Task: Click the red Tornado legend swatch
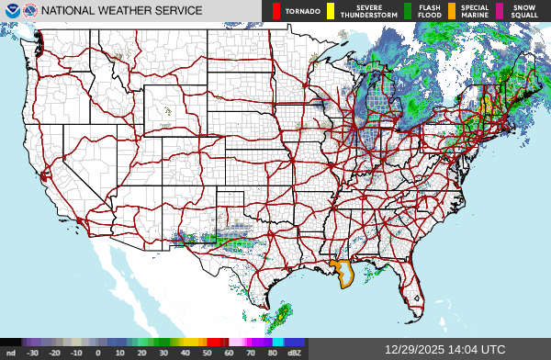click(275, 11)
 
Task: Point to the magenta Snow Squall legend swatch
click(500, 11)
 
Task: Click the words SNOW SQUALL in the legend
click(524, 11)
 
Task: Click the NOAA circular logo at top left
click(11, 11)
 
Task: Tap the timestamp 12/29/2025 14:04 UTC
click(445, 349)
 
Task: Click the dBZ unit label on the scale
click(295, 352)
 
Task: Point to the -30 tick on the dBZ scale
click(33, 352)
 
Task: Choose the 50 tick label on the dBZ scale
click(208, 352)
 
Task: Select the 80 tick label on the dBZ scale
click(274, 352)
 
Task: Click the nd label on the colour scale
click(11, 352)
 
